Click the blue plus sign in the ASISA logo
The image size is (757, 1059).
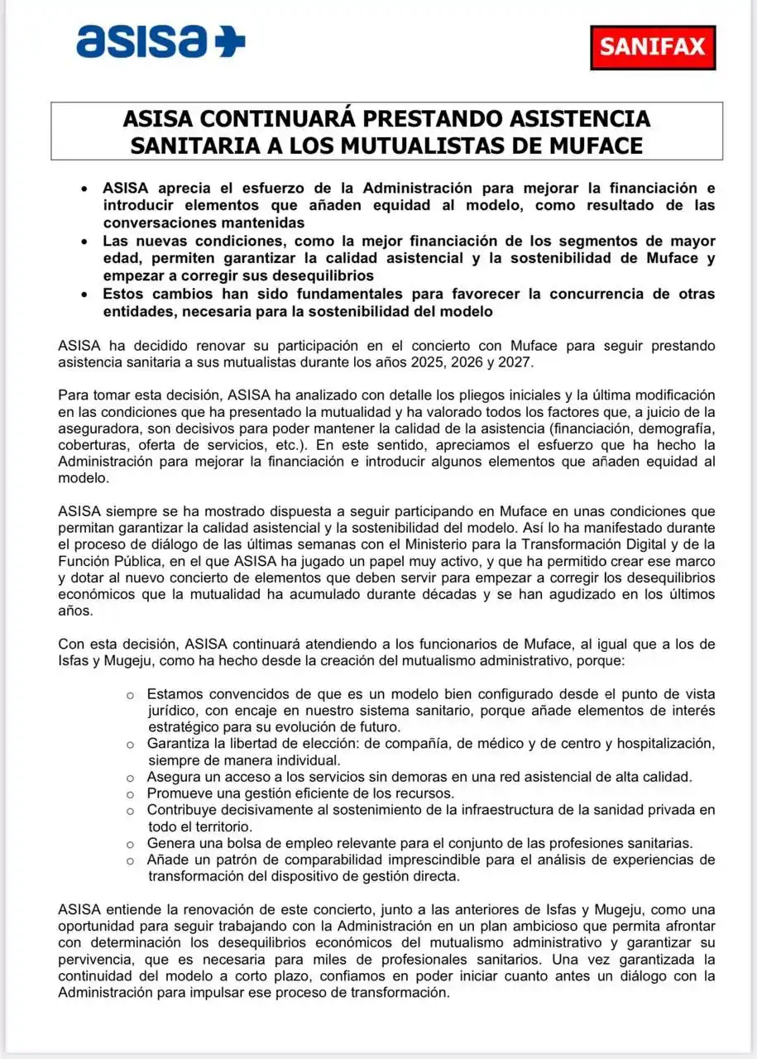coord(230,41)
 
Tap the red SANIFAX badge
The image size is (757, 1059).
coord(652,46)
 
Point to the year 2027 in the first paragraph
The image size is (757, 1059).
coord(534,362)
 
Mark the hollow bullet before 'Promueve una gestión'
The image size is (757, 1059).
coord(130,794)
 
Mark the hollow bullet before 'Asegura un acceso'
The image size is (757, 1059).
coord(130,778)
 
